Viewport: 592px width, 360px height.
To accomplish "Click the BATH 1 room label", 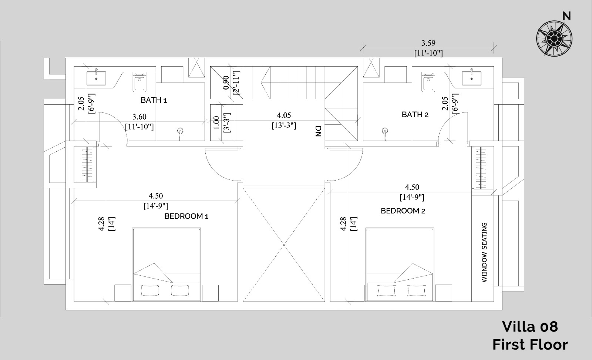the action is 154,100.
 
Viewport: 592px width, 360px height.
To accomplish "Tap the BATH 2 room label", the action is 415,114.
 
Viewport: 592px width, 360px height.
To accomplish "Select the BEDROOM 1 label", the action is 186,216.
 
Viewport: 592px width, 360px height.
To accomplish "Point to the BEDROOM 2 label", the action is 403,211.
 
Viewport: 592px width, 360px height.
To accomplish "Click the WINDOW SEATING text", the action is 484,252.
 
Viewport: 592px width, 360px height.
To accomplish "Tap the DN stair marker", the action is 318,131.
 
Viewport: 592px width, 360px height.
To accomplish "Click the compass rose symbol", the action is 554,38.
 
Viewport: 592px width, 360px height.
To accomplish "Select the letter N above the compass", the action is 566,16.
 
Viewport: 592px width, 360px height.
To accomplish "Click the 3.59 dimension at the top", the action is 428,43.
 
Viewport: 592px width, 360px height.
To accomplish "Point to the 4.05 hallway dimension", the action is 284,115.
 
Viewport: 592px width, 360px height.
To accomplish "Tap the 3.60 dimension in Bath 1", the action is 139,117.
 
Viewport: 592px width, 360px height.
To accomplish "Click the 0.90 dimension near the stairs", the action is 226,83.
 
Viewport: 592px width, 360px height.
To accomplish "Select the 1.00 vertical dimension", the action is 216,123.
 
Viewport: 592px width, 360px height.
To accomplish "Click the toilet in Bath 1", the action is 139,82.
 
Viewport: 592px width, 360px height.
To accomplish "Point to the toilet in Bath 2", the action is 428,82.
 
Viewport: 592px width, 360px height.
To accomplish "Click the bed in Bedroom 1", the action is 166,265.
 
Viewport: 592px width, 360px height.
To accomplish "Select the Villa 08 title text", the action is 530,327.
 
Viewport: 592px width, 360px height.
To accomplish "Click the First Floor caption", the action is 530,345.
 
